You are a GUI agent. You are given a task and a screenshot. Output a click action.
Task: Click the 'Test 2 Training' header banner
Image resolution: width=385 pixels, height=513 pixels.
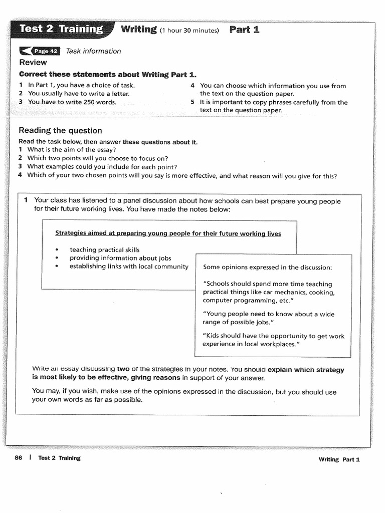pyautogui.click(x=61, y=29)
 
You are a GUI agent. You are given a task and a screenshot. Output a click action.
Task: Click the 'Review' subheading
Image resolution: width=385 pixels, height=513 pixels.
pyautogui.click(x=33, y=63)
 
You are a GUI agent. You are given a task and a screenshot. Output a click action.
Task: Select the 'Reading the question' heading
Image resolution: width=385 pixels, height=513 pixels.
pyautogui.click(x=60, y=131)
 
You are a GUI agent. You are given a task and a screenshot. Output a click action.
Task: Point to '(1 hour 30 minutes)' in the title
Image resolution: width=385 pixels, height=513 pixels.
pyautogui.click(x=189, y=31)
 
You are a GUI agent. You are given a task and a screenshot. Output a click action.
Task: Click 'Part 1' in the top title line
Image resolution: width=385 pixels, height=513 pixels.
pyautogui.click(x=244, y=30)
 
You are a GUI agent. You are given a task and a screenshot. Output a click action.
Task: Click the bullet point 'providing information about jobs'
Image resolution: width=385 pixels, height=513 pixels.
pyautogui.click(x=120, y=258)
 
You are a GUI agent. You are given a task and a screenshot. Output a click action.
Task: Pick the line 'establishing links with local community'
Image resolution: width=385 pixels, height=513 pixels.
pyautogui.click(x=129, y=267)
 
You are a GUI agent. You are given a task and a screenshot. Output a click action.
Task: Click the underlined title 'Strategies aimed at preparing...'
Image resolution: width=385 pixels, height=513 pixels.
pyautogui.click(x=168, y=233)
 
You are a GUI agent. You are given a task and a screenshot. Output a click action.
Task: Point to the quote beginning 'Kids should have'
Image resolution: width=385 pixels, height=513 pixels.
pyautogui.click(x=273, y=340)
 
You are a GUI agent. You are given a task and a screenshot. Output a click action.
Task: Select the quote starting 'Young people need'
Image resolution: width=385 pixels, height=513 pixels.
pyautogui.click(x=269, y=318)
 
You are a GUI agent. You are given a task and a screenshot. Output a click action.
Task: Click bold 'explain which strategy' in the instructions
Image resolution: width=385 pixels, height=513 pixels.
pyautogui.click(x=306, y=370)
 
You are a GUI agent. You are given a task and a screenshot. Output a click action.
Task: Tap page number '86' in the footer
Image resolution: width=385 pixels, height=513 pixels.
pyautogui.click(x=19, y=458)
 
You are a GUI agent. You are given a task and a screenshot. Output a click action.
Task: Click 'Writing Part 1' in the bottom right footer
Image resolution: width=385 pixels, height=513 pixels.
pyautogui.click(x=339, y=459)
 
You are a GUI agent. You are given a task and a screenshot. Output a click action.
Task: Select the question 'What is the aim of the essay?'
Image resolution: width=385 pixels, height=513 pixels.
pyautogui.click(x=72, y=150)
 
